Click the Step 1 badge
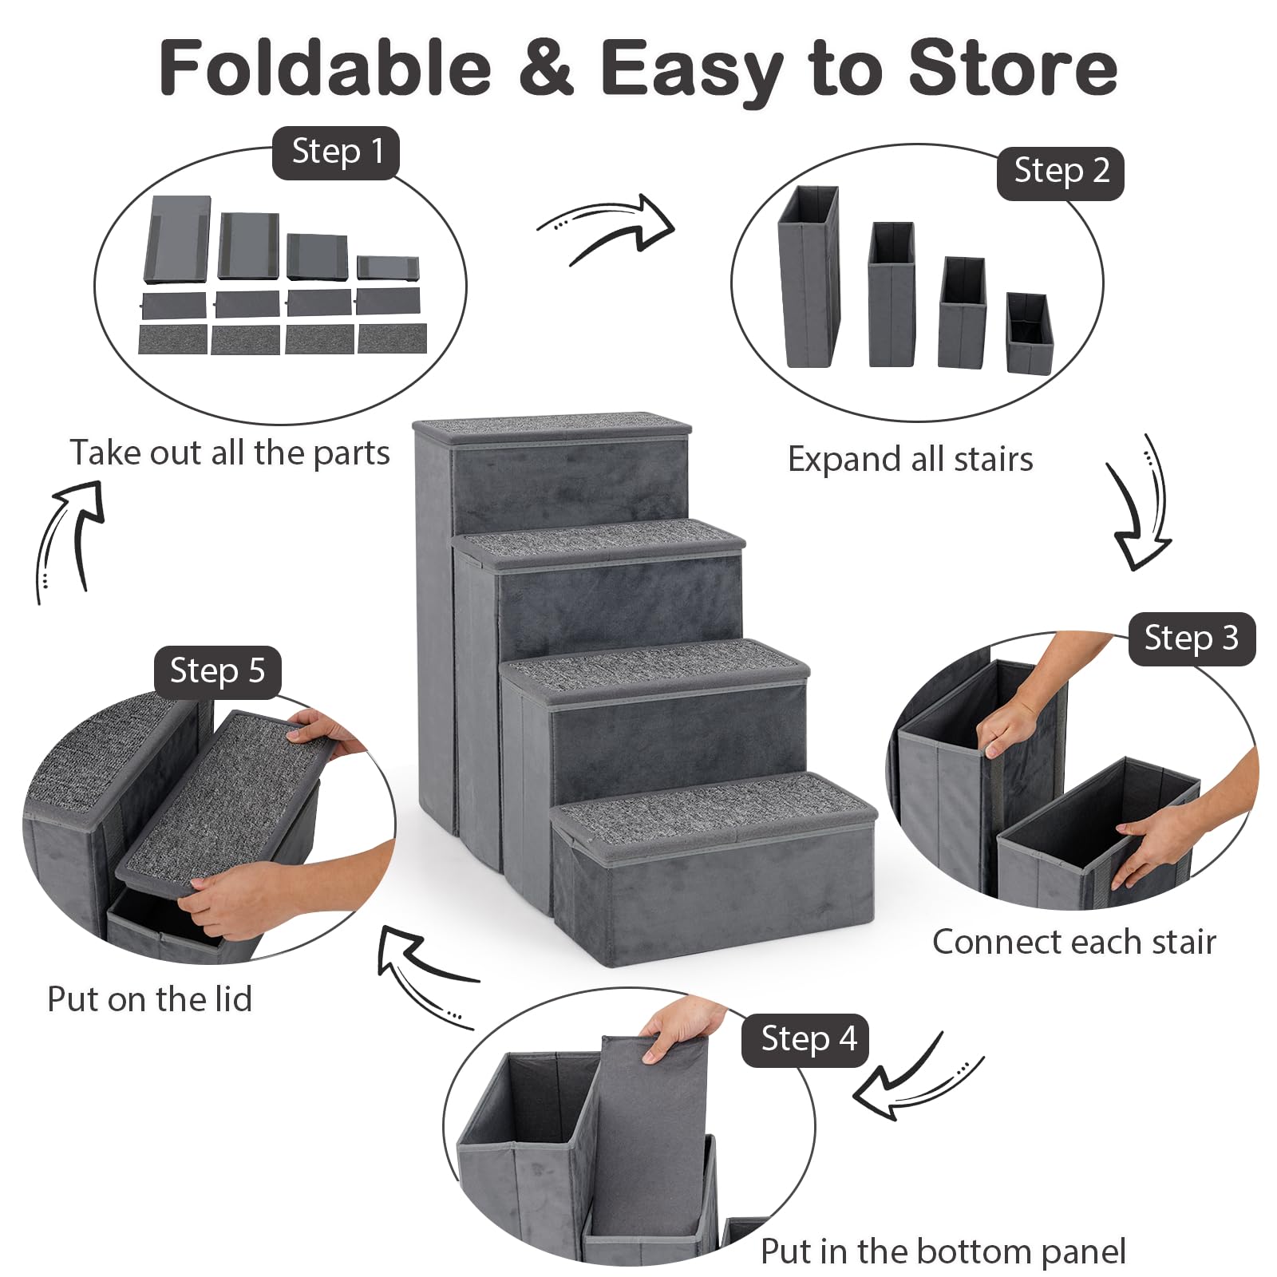point(335,152)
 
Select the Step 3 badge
point(1191,638)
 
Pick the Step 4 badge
point(805,1040)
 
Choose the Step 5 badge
point(217,672)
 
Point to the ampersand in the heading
point(547,68)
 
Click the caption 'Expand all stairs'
point(910,460)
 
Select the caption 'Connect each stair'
point(1074,943)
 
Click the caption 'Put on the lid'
point(150,999)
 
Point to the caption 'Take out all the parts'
point(230,453)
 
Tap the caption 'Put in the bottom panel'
point(943,1251)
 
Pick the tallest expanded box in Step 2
point(809,277)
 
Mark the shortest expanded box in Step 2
point(1030,333)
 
